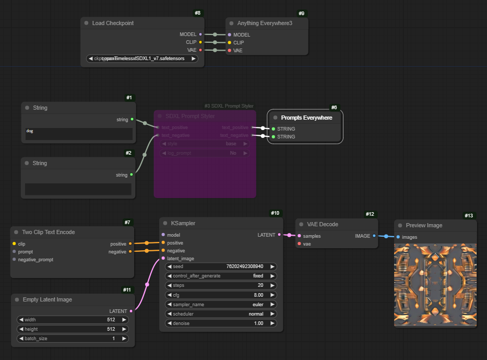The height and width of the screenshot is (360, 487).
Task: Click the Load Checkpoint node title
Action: point(113,23)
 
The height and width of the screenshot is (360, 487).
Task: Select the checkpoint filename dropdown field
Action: point(142,59)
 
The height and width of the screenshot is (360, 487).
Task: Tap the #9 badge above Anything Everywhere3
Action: point(301,13)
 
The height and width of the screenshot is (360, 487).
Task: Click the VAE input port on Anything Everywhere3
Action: point(229,51)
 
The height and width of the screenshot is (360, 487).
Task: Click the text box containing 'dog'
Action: point(78,134)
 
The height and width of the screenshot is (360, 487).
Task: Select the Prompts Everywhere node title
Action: point(306,118)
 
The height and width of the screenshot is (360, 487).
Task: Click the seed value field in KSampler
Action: point(221,266)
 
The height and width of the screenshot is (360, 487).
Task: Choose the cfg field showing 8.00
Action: point(221,295)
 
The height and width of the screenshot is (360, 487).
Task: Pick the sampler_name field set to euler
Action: point(221,304)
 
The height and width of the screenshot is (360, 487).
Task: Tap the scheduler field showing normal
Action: point(221,314)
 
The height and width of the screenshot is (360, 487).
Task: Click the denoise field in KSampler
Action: point(221,323)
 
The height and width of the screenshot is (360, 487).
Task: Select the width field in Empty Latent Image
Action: point(73,320)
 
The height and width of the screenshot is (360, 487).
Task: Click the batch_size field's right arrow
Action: point(124,339)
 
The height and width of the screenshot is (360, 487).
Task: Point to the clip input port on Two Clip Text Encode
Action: point(14,243)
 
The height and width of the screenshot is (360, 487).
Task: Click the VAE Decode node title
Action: point(323,224)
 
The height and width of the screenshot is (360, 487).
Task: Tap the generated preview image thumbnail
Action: point(435,284)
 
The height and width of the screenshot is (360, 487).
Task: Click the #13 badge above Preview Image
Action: point(469,216)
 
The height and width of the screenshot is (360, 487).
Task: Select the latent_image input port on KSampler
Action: point(163,258)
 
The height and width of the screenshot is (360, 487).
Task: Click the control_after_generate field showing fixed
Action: point(221,275)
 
